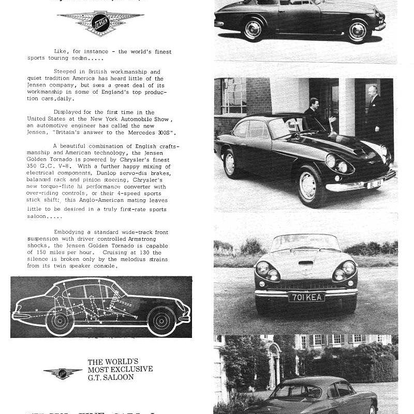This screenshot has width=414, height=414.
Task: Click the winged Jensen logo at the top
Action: [x=100, y=23]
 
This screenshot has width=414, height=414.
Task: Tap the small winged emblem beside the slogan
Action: [x=63, y=373]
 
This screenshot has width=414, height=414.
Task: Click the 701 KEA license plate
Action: [x=306, y=297]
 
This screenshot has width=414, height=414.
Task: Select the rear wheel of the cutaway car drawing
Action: [x=59, y=321]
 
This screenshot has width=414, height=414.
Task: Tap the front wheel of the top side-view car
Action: [x=357, y=32]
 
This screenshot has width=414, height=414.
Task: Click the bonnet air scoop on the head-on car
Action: [x=306, y=263]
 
